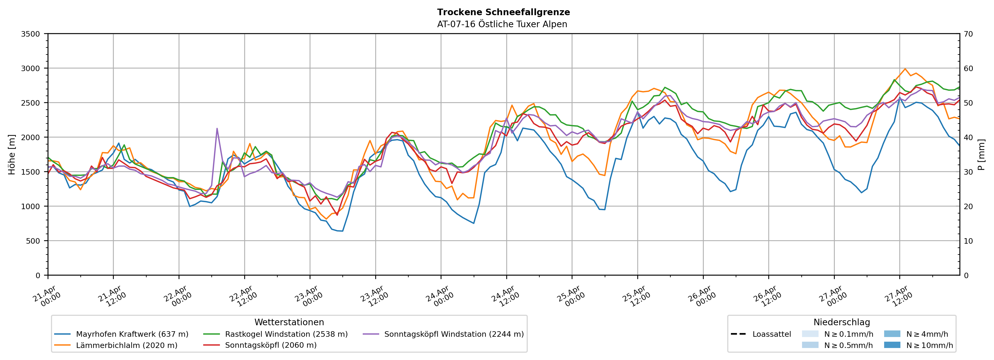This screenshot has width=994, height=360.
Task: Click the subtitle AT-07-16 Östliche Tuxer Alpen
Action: (502, 24)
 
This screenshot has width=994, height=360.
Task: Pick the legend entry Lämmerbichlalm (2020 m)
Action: (127, 345)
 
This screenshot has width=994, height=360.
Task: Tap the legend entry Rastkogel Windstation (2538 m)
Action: (286, 334)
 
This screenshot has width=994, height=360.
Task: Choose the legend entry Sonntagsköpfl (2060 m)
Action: (270, 345)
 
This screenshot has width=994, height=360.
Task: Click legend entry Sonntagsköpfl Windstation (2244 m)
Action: (454, 334)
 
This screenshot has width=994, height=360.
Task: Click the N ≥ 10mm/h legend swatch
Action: (892, 345)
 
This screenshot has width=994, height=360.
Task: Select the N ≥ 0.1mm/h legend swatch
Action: (810, 334)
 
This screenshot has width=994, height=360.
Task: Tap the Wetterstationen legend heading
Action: (289, 322)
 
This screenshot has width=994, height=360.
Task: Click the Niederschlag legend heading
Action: (842, 322)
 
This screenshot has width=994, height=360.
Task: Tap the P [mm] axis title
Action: (981, 154)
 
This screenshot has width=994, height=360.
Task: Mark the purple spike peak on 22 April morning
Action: (217, 128)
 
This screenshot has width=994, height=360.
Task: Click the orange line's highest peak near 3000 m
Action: (905, 69)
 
